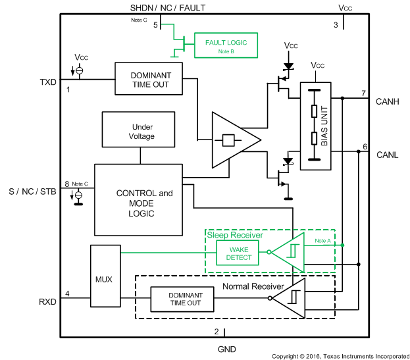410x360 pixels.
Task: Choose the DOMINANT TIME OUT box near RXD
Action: pos(181,299)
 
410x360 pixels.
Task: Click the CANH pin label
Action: pos(387,101)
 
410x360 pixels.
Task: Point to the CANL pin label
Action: pos(386,155)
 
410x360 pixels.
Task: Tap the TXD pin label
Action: pos(48,82)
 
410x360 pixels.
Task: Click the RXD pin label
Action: pos(48,303)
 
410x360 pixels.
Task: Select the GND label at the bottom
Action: pos(226,349)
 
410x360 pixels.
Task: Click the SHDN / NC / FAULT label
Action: pos(168,7)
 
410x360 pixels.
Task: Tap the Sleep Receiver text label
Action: pos(235,235)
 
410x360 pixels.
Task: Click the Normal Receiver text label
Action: pos(253,286)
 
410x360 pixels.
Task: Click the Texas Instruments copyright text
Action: pos(340,355)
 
